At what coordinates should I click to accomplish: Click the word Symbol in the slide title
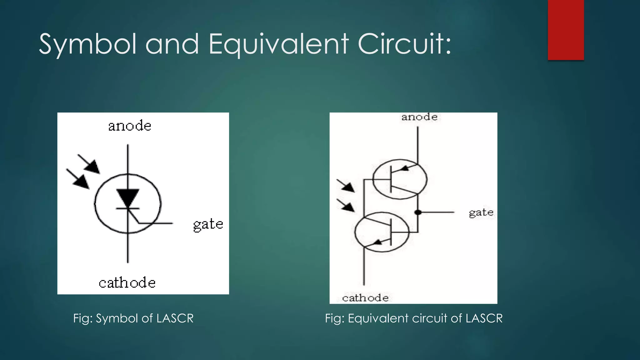tap(88, 44)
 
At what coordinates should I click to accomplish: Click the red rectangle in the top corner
tap(566, 30)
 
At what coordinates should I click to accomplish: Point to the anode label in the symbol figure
tap(130, 126)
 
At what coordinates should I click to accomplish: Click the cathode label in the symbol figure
tap(127, 283)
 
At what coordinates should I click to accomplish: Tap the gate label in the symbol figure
tap(208, 224)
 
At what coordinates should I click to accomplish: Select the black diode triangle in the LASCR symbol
tap(127, 198)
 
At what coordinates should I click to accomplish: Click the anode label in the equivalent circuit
tap(419, 117)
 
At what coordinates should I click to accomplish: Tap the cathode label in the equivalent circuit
tap(365, 298)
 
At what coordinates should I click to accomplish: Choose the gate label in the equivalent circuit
tap(481, 213)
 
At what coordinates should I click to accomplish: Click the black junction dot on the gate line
tap(418, 212)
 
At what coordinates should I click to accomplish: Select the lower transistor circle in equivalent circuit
tap(382, 232)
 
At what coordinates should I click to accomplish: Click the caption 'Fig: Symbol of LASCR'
tap(133, 318)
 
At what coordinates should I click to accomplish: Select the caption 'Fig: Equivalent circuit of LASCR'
tap(414, 318)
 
